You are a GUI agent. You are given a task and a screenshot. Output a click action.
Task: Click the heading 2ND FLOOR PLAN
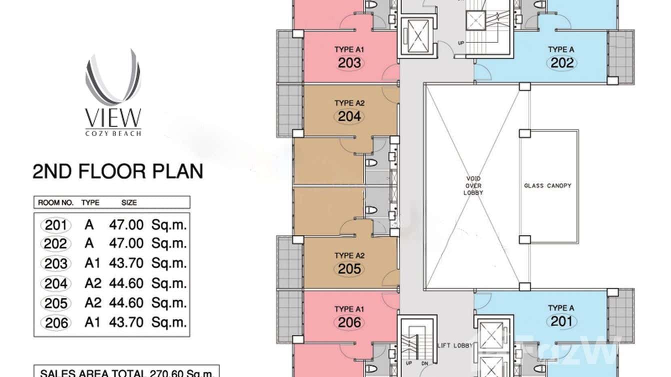[x=117, y=171]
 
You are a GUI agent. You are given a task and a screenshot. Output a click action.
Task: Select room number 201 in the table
[x=56, y=225]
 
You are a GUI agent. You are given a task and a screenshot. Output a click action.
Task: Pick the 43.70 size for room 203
[x=126, y=263]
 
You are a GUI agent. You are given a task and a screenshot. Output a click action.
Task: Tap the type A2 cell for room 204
[x=93, y=283]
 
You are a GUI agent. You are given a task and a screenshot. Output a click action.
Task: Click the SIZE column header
[x=129, y=202]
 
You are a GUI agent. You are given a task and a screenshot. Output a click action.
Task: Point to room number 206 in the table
[x=56, y=323]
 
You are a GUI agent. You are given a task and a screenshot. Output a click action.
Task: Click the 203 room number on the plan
[x=349, y=63]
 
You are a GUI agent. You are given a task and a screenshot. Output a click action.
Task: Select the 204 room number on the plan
[x=349, y=116]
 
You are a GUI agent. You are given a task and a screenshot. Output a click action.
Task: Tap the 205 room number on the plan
[x=349, y=269]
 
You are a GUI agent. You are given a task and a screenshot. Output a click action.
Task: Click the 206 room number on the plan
[x=349, y=322]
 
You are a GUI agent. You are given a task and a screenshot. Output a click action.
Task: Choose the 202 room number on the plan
[x=562, y=63]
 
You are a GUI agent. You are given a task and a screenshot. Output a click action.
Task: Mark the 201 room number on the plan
[x=562, y=321]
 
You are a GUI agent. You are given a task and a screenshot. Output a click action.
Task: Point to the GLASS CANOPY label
[x=547, y=185]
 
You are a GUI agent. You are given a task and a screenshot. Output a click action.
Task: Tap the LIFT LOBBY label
[x=454, y=345]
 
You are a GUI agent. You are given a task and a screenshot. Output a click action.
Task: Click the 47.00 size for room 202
[x=126, y=243]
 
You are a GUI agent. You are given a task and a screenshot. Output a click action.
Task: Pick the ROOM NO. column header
[x=56, y=202]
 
